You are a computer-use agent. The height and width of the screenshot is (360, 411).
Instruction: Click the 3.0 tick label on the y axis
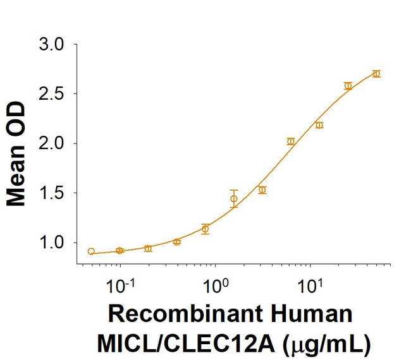click(x=51, y=45)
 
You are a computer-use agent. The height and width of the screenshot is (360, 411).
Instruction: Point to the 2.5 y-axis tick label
click(x=51, y=94)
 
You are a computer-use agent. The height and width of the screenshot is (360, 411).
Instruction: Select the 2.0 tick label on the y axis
click(x=51, y=143)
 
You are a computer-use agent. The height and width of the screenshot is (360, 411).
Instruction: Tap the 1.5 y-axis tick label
click(x=51, y=193)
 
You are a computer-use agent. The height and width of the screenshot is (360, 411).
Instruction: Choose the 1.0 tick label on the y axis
click(x=51, y=243)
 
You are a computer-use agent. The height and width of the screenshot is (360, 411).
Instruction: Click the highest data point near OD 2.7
click(x=376, y=74)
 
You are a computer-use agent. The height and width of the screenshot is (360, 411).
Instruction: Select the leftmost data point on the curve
click(x=91, y=251)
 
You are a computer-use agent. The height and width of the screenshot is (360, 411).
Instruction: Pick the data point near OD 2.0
click(x=291, y=141)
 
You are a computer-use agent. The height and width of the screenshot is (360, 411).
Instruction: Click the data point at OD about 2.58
click(x=348, y=86)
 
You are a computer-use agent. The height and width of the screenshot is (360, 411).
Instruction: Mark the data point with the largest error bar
click(x=234, y=199)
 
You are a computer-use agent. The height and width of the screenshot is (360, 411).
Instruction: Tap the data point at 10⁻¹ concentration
click(x=120, y=251)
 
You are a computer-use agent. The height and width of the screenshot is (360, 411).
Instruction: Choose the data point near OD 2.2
click(x=319, y=125)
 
